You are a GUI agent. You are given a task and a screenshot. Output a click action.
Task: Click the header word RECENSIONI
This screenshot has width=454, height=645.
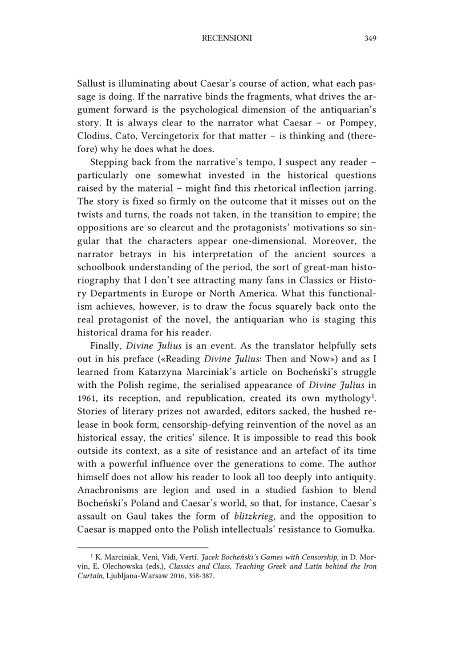coord(227,39)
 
